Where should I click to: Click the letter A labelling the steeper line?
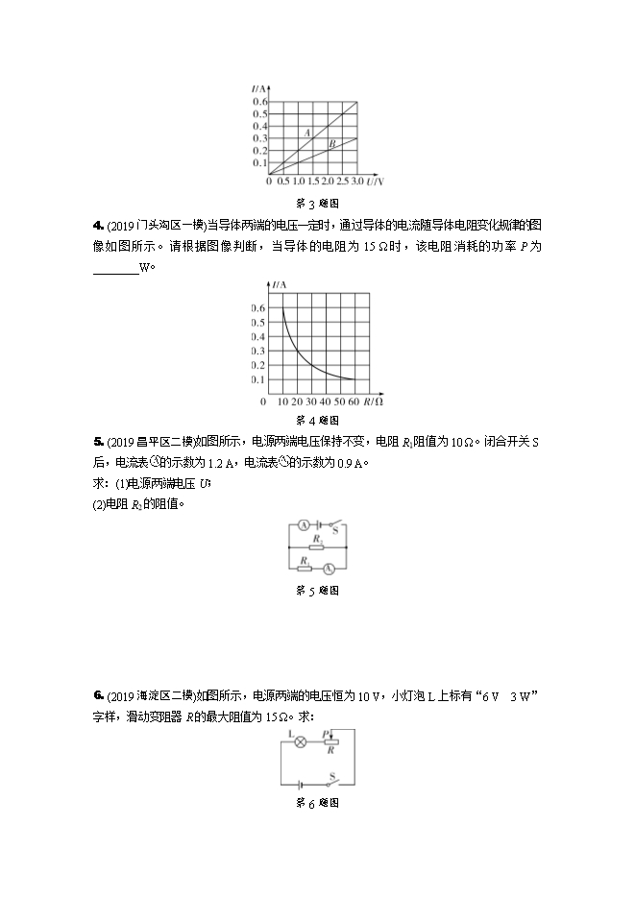click(307, 133)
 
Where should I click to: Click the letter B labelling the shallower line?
click(330, 144)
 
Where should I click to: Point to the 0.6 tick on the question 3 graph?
click(259, 102)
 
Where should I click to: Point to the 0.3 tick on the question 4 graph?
click(258, 352)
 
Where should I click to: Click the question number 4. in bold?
click(98, 225)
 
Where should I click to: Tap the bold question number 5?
click(98, 442)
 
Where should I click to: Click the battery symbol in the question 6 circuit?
click(304, 785)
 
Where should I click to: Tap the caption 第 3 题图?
click(317, 204)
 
